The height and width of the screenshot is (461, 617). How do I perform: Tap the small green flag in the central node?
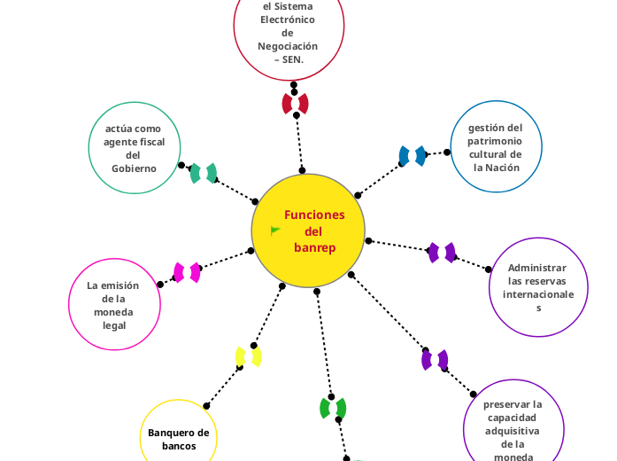tap(275, 230)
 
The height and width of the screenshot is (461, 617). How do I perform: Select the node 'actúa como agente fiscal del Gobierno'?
tap(135, 148)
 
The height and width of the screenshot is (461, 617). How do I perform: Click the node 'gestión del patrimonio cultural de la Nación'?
tap(495, 147)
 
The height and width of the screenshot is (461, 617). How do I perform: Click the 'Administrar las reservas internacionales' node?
tap(538, 287)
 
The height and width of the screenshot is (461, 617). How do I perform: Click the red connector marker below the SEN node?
tap(295, 104)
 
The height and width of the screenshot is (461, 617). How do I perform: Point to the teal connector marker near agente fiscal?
tap(204, 173)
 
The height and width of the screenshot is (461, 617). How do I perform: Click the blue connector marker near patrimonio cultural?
tap(413, 156)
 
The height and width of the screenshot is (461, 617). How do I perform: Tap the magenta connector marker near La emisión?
tap(187, 272)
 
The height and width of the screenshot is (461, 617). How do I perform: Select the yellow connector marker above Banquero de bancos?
tap(248, 357)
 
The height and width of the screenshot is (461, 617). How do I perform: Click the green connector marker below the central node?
tap(333, 408)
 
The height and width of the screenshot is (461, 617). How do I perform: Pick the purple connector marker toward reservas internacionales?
tap(442, 253)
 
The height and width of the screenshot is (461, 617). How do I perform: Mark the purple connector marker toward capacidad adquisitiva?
tap(435, 360)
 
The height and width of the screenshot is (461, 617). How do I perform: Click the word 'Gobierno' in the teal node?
tap(135, 168)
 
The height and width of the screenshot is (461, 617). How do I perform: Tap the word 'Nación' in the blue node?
tap(502, 167)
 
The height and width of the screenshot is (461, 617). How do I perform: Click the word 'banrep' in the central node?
tap(315, 247)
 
